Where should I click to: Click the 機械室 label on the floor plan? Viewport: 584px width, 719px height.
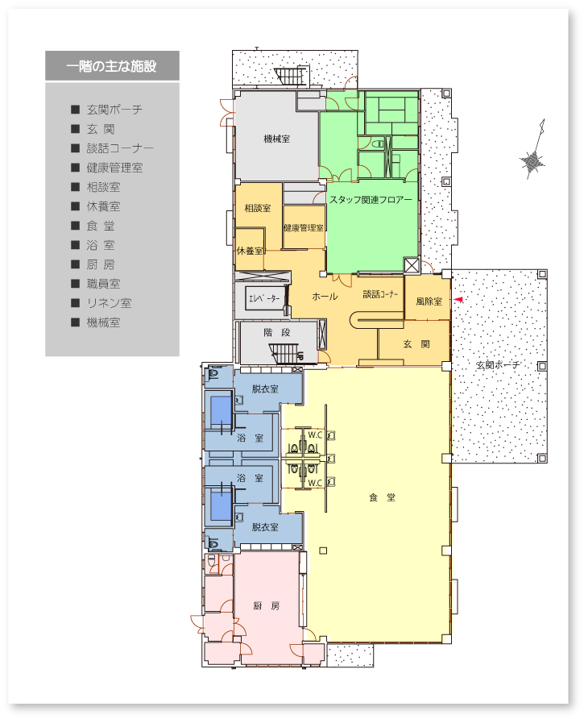(x=276, y=139)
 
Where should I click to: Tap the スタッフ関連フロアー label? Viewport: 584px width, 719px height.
(x=371, y=199)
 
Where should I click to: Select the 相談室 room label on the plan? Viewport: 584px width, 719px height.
(x=257, y=208)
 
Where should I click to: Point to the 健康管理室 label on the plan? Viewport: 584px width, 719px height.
(x=303, y=228)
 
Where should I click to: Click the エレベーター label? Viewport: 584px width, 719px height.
(x=264, y=298)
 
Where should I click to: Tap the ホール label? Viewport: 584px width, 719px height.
(x=325, y=297)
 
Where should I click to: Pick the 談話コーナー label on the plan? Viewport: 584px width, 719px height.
(x=380, y=294)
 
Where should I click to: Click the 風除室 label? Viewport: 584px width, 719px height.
(x=429, y=301)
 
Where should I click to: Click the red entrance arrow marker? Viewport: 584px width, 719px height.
(x=458, y=299)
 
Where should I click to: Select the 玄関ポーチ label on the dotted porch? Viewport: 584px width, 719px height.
(x=497, y=365)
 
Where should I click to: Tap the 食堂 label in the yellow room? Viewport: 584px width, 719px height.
(x=382, y=497)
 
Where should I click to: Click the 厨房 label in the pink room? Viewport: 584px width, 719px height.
(x=266, y=605)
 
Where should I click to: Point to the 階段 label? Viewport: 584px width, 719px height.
(x=277, y=332)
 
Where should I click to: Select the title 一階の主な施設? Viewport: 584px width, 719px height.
(x=111, y=66)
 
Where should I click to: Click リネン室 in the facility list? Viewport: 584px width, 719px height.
(x=109, y=303)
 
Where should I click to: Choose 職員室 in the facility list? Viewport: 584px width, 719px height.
(x=104, y=284)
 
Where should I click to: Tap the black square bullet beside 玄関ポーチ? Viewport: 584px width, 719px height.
(x=76, y=109)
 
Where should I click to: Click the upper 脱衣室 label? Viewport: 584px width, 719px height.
(x=265, y=389)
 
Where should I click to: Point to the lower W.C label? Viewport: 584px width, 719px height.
(x=315, y=483)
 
